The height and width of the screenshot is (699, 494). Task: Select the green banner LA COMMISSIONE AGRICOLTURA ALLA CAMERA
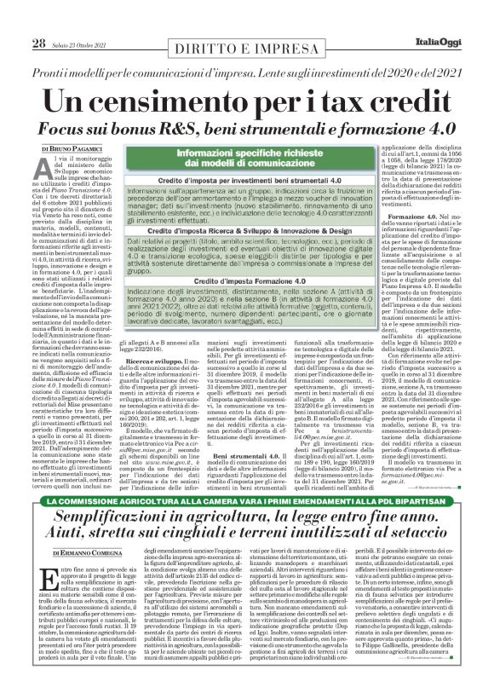pos(247,528)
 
